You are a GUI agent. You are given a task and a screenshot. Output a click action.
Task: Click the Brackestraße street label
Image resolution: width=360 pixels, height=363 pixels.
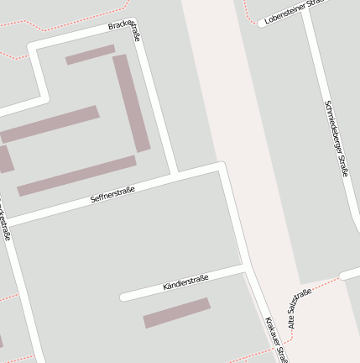tap(123, 30)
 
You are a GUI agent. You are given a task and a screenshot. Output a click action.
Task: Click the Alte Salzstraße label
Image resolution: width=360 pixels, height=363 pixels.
tap(300, 308)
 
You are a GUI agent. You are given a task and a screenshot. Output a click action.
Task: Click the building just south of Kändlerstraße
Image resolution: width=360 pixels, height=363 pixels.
tap(176, 313)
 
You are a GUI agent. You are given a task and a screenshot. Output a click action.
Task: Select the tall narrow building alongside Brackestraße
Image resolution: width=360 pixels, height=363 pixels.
tap(132, 103)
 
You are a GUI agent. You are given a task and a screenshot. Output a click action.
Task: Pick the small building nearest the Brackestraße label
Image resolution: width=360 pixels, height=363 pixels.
tap(90, 55)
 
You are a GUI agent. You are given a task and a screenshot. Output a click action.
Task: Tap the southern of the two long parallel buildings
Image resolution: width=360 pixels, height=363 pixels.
tap(76, 176)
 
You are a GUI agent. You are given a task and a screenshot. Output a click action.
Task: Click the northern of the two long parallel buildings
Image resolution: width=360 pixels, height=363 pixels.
tap(50, 124)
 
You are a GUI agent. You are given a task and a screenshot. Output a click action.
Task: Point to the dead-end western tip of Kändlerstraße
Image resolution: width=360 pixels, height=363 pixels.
tap(124, 297)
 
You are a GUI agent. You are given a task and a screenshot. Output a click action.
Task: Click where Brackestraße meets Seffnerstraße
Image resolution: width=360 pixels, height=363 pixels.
tap(174, 175)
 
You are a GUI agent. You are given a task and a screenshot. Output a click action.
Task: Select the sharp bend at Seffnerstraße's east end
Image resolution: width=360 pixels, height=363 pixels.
tap(221, 165)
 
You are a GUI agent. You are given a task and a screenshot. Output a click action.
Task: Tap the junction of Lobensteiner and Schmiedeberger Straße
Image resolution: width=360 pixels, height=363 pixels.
tap(304, 12)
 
